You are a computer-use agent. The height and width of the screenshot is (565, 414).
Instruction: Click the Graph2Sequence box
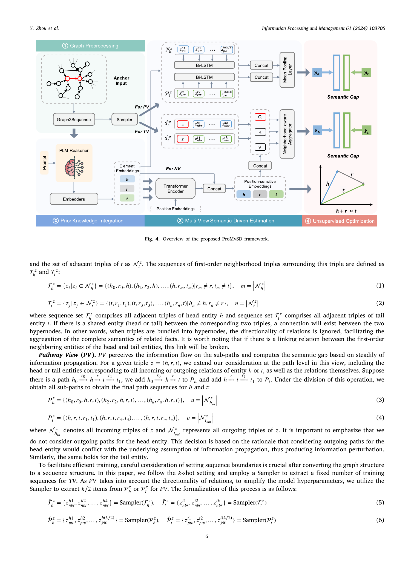[74, 119]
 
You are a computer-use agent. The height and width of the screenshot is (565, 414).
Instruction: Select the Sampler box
[124, 119]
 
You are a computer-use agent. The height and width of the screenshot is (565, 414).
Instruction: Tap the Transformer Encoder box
[176, 188]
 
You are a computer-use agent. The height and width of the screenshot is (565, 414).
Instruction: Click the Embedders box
[74, 199]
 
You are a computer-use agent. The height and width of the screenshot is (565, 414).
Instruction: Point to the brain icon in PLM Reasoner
[74, 167]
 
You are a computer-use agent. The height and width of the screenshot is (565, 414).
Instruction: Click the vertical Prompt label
[44, 163]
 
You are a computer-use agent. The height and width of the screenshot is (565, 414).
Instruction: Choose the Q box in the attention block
[260, 117]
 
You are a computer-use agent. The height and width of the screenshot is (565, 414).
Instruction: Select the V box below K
[260, 147]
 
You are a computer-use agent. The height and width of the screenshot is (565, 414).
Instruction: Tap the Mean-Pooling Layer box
[287, 70]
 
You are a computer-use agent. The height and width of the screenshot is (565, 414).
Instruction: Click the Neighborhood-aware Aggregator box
[287, 134]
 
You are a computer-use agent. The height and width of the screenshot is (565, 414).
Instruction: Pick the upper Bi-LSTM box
[204, 65]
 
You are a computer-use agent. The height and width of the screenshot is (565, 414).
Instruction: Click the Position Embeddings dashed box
[176, 209]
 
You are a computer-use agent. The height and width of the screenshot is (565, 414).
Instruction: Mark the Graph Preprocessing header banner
[90, 46]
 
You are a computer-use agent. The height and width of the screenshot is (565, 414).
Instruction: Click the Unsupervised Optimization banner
[340, 221]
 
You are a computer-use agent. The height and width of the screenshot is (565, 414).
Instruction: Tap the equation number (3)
[380, 400]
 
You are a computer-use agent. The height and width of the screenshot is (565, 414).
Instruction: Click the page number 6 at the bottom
[207, 536]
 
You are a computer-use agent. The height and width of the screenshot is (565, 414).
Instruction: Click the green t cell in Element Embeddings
[127, 198]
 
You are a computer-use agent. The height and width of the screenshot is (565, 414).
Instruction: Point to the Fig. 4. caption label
[152, 239]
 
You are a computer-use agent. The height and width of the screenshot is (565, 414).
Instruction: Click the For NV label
[173, 169]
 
